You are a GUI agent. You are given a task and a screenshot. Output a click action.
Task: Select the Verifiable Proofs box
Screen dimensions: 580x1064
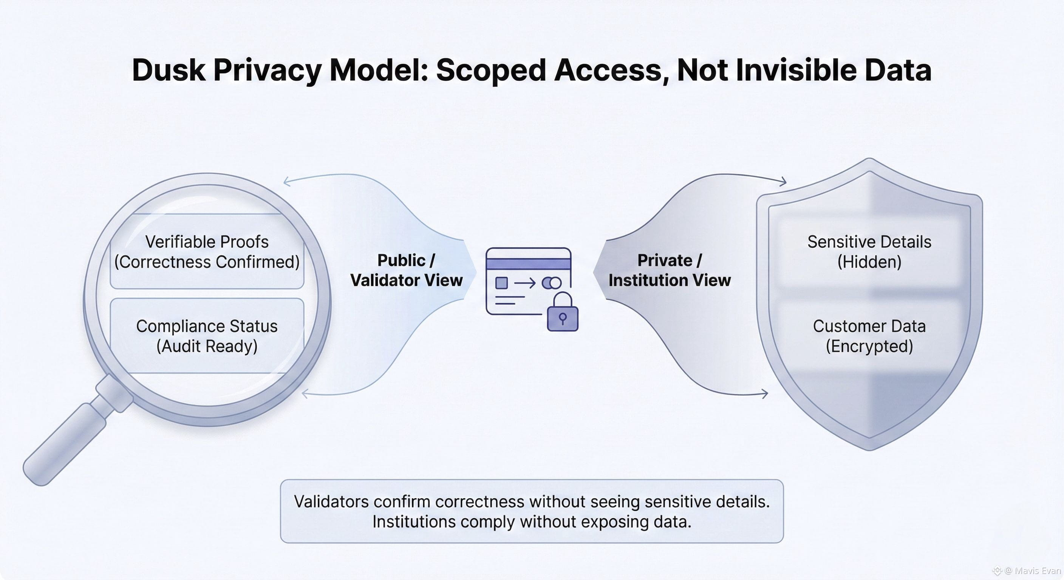pyautogui.click(x=207, y=251)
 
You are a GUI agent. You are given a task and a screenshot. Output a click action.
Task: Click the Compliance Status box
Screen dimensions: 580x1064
pyautogui.click(x=207, y=336)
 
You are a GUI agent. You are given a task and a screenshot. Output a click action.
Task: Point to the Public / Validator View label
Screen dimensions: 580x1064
pyautogui.click(x=407, y=270)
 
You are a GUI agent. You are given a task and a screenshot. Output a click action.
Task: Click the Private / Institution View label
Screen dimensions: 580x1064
pyautogui.click(x=670, y=270)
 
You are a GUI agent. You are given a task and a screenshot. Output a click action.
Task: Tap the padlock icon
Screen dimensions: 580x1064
pyautogui.click(x=563, y=313)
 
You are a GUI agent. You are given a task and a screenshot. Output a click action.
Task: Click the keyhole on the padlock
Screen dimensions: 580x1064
pyautogui.click(x=563, y=318)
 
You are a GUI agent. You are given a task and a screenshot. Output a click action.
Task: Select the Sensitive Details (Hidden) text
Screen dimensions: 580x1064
pyautogui.click(x=869, y=251)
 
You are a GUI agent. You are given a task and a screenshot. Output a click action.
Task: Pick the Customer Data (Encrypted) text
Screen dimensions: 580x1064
pyautogui.click(x=869, y=336)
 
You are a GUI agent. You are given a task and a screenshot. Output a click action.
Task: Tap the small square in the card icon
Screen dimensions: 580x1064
pyautogui.click(x=501, y=283)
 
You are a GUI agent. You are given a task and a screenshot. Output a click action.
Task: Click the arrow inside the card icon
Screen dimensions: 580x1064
pyautogui.click(x=524, y=283)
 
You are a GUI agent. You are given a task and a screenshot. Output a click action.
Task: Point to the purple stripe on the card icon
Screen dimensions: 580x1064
pyautogui.click(x=529, y=264)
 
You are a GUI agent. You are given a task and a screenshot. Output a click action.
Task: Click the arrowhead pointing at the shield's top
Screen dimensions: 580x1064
pyautogui.click(x=783, y=181)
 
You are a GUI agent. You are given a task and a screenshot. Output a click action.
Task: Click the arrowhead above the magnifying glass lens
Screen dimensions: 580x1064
pyautogui.click(x=287, y=181)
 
